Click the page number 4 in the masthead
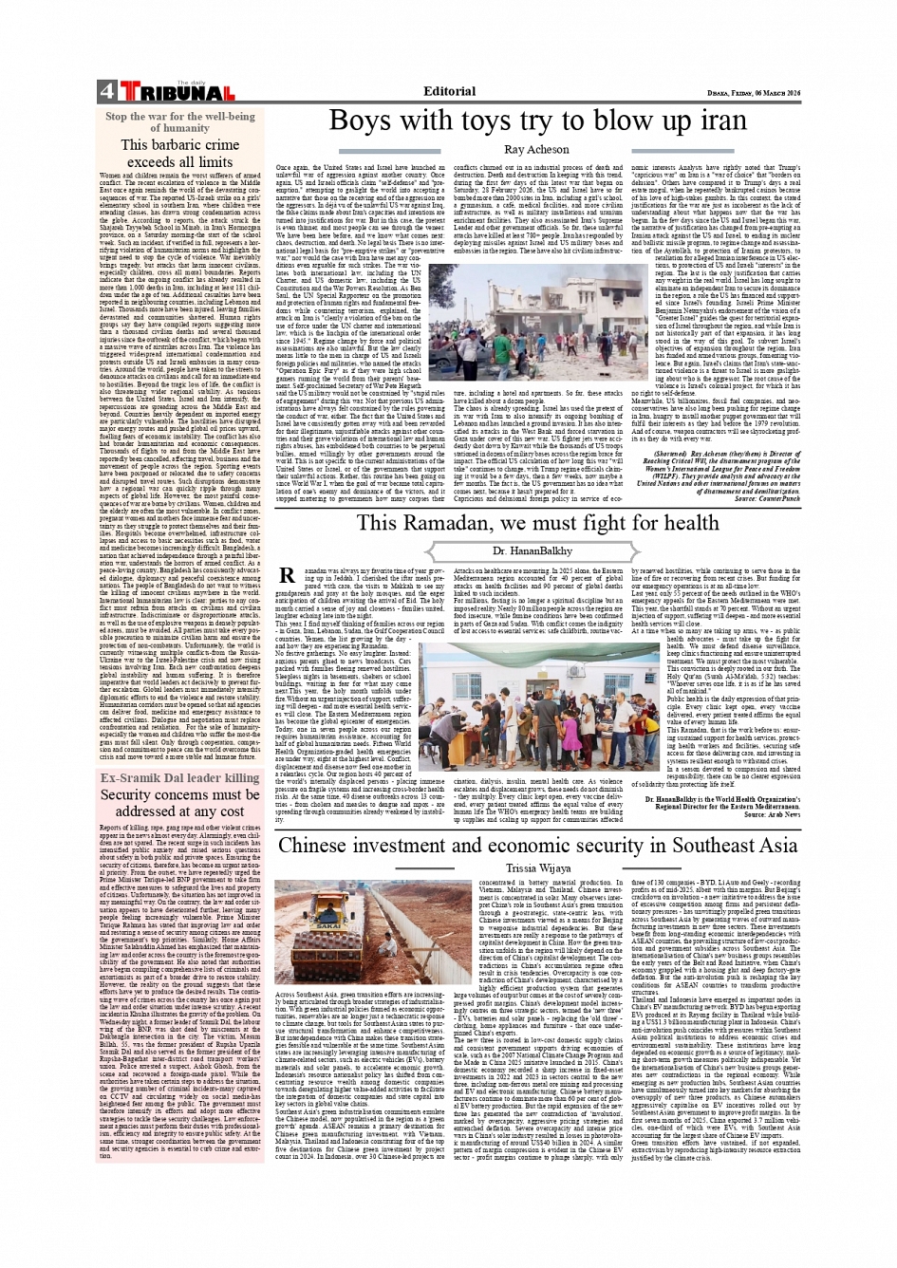pyautogui.click(x=105, y=92)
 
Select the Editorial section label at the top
pyautogui.click(x=450, y=91)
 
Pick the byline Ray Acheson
pyautogui.click(x=536, y=149)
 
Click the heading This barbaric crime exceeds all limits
pyautogui.click(x=180, y=153)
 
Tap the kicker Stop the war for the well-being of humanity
pyautogui.click(x=180, y=121)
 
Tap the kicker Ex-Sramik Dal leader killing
pyautogui.click(x=180, y=777)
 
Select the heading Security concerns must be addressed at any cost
pyautogui.click(x=180, y=803)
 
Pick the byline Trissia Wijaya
pyautogui.click(x=538, y=867)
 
